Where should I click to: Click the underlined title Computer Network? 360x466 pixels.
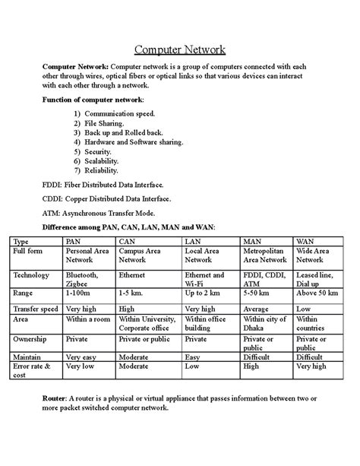[x=180, y=50]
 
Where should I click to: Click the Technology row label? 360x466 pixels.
[x=31, y=275]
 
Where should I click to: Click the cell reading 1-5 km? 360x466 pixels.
[x=131, y=293]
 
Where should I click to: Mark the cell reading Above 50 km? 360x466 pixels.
[x=317, y=293]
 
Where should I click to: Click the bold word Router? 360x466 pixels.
[x=54, y=398]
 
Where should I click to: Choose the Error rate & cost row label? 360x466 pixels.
[x=32, y=369]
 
